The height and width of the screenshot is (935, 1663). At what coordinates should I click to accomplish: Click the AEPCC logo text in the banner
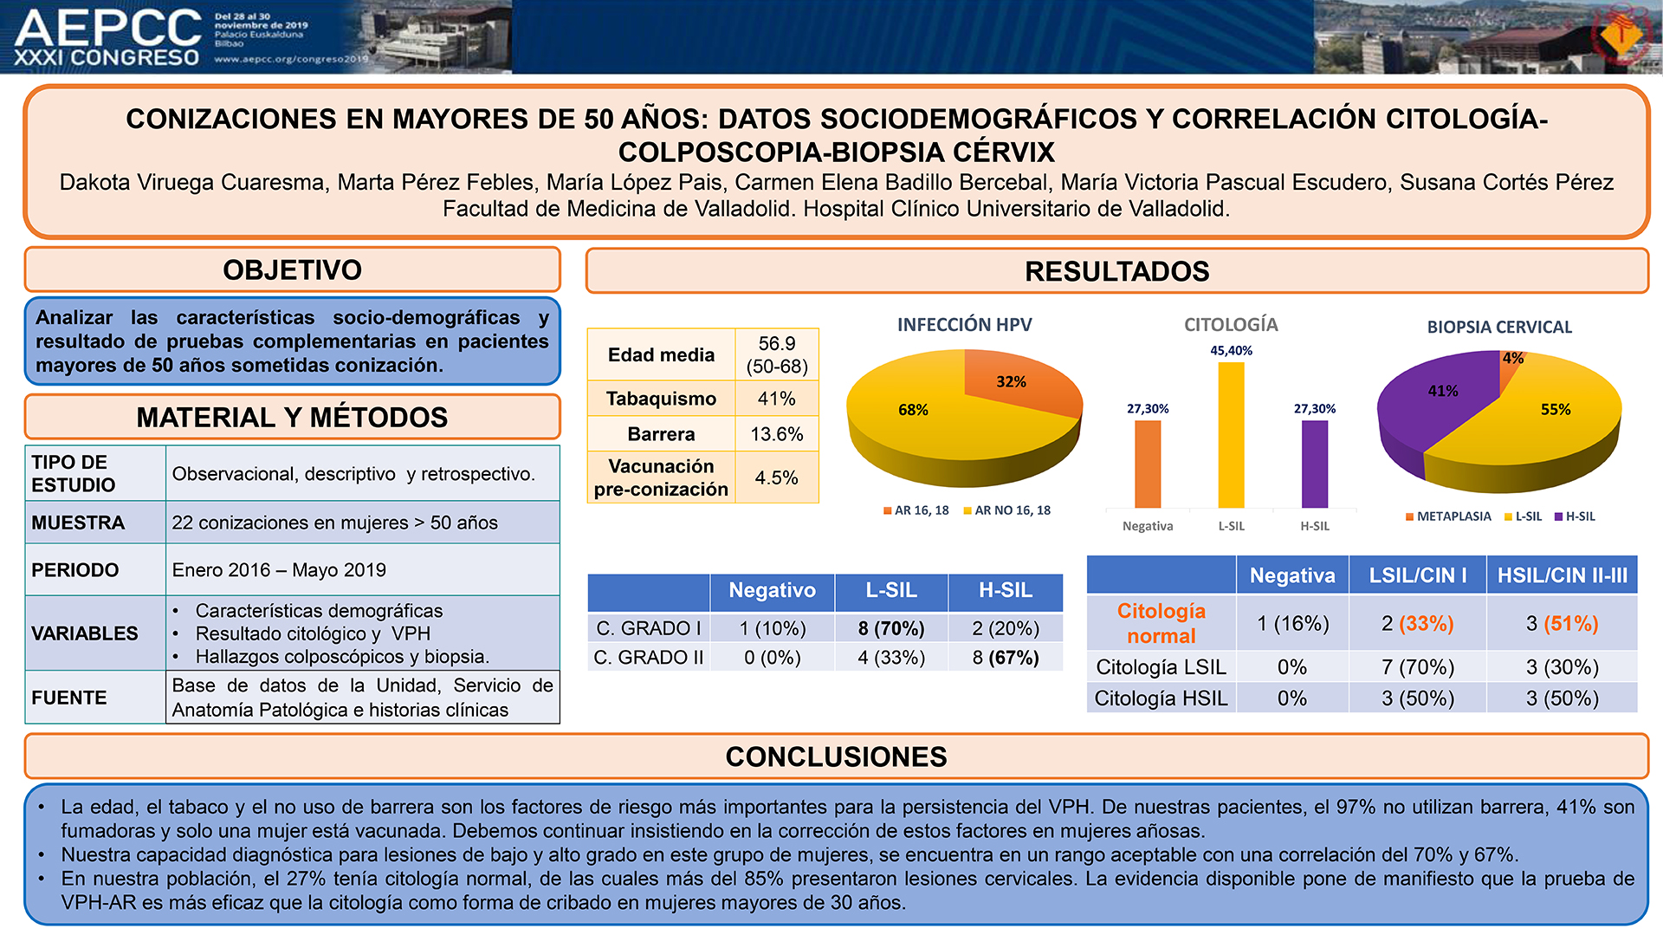point(108,28)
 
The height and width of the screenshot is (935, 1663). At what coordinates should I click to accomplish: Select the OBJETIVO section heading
point(292,270)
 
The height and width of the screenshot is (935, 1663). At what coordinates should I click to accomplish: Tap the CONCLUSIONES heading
point(836,756)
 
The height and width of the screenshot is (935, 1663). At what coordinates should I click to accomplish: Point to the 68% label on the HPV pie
point(913,410)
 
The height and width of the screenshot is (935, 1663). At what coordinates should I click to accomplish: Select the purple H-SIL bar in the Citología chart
point(1314,464)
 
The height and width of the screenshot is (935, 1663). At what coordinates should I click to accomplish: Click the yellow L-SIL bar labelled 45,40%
point(1231,435)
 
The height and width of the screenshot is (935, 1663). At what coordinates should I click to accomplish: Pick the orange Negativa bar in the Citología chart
point(1148,464)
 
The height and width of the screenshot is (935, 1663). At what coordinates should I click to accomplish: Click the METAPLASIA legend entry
point(1448,516)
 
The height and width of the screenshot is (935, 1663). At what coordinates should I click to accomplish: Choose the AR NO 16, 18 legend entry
point(1006,510)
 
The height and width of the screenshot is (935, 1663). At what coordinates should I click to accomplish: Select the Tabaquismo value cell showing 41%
point(776,399)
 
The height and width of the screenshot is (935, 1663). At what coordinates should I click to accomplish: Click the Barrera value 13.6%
point(776,434)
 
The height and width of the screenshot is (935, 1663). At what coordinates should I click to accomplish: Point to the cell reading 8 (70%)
point(891,628)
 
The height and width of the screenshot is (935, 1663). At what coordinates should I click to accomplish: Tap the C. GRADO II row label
point(649,658)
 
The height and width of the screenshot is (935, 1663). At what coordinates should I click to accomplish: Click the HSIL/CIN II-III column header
point(1562,575)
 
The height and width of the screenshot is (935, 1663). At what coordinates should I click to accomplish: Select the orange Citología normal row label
point(1161,623)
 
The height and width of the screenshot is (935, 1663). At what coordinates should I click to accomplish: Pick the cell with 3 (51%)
point(1562,623)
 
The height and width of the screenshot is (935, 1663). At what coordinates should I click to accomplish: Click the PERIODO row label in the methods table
point(75,570)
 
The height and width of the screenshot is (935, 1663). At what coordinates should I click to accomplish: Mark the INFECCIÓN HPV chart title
point(964,325)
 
